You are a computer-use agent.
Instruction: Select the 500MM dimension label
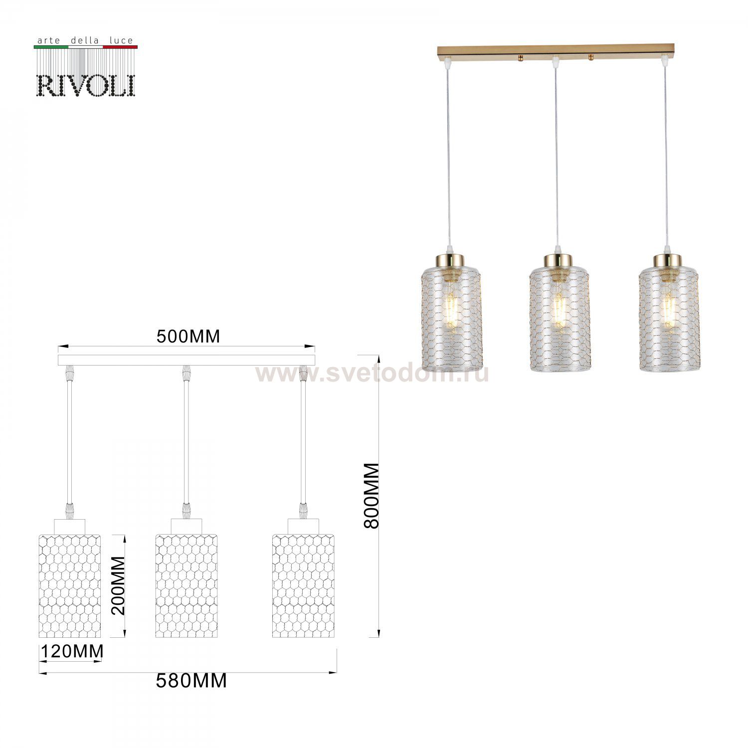point(188,337)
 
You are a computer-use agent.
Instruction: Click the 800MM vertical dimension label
point(372,496)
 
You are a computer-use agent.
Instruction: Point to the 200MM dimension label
point(118,586)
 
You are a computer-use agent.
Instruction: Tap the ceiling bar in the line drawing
point(187,360)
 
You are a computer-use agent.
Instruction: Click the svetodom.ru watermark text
point(372,373)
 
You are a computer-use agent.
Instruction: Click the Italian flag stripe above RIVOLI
point(85,47)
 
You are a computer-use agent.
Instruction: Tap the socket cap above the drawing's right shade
point(303,526)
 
